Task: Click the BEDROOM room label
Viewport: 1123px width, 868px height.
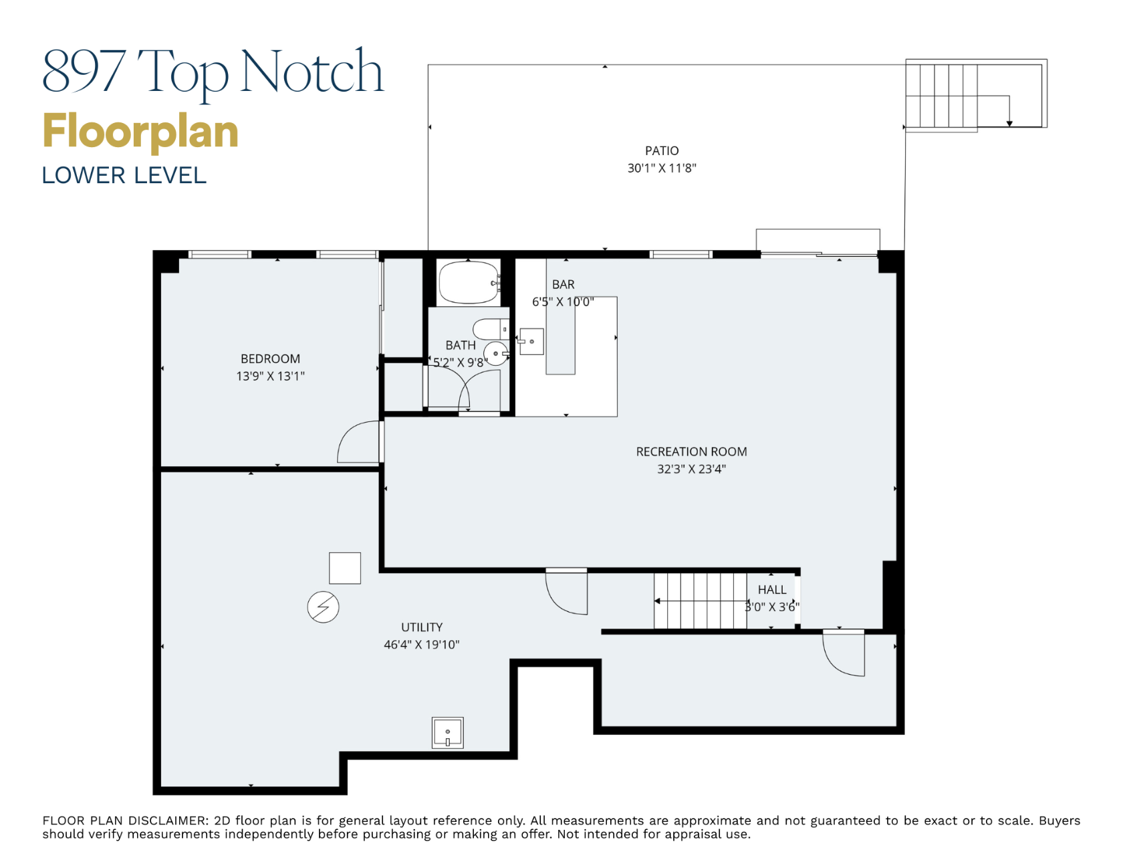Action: coord(270,359)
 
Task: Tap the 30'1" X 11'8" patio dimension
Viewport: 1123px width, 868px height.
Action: coord(661,169)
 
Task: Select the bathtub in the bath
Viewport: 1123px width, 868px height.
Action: coord(468,283)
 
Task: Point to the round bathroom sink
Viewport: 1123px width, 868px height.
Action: coord(495,353)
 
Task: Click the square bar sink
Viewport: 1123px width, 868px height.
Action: coord(532,342)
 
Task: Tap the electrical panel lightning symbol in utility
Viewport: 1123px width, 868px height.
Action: coord(323,607)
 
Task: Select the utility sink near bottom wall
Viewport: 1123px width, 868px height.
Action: coord(447,732)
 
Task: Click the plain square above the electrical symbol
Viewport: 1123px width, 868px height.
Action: coord(345,568)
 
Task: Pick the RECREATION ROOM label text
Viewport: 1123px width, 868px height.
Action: coord(691,452)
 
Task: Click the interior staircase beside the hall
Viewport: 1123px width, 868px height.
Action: coord(700,601)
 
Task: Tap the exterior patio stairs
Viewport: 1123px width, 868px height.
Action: coord(941,96)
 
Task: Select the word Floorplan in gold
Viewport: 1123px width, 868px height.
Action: coord(140,132)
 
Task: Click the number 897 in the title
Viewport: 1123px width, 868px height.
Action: coord(84,72)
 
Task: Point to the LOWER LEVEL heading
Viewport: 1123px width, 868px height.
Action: coord(124,176)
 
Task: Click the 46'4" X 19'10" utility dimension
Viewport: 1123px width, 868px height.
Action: coord(421,645)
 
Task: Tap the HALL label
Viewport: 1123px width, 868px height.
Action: coord(771,590)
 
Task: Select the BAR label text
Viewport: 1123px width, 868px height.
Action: coord(563,285)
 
